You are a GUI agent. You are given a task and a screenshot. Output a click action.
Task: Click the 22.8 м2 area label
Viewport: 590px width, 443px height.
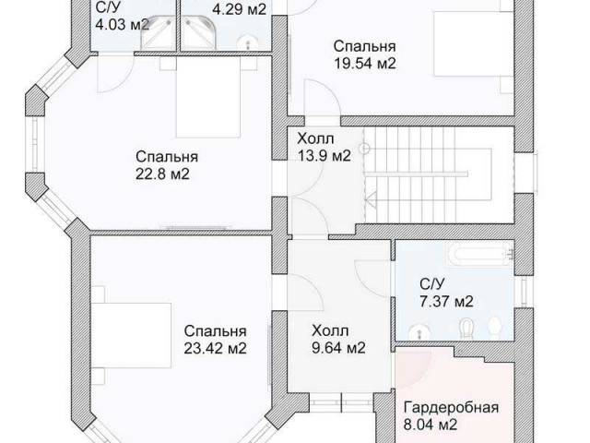pyautogui.click(x=162, y=174)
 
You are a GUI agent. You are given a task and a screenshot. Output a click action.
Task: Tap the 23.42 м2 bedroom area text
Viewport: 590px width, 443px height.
pyautogui.click(x=215, y=349)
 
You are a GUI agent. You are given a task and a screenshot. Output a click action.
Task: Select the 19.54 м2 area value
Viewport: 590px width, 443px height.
pyautogui.click(x=365, y=64)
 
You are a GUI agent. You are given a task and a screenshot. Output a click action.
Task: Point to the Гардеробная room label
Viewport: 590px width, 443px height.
pyautogui.click(x=451, y=407)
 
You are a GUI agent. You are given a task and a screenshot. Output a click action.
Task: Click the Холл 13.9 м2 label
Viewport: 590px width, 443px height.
pyautogui.click(x=324, y=147)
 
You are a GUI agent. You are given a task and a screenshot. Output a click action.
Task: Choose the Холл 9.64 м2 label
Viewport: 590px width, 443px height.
pyautogui.click(x=338, y=340)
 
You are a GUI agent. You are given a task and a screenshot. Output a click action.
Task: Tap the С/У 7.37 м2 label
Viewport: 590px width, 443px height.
pyautogui.click(x=446, y=293)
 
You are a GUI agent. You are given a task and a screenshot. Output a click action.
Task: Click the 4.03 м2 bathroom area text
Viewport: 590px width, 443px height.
pyautogui.click(x=122, y=25)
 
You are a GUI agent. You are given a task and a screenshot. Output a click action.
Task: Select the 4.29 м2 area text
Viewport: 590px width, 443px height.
pyautogui.click(x=240, y=9)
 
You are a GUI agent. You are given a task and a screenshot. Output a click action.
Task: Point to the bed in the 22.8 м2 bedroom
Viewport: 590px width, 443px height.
pyautogui.click(x=208, y=97)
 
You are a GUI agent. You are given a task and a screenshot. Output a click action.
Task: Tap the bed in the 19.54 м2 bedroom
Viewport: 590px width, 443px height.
pyautogui.click(x=474, y=43)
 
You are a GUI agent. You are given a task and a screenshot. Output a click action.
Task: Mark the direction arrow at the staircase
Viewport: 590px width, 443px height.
pyautogui.click(x=371, y=199)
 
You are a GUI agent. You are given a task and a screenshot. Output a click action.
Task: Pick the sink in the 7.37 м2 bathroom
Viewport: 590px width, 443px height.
pyautogui.click(x=419, y=332)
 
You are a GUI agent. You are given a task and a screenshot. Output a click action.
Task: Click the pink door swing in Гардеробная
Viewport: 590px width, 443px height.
pyautogui.click(x=412, y=367)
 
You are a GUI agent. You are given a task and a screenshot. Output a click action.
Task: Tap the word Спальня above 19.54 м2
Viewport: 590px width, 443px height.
pyautogui.click(x=365, y=47)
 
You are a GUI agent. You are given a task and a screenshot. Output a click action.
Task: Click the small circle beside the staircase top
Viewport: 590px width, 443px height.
pyautogui.click(x=365, y=149)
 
